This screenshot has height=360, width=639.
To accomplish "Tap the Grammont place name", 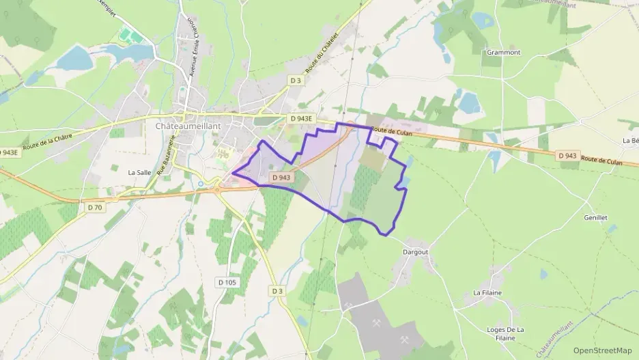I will [x=504, y=52].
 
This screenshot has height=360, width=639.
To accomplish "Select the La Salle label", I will [x=139, y=173].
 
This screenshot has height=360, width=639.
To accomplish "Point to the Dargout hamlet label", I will [x=415, y=251].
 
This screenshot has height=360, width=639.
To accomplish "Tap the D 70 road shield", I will [x=94, y=207].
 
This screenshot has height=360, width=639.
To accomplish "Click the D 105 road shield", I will [x=227, y=281].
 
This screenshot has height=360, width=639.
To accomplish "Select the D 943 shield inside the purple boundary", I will [x=281, y=178].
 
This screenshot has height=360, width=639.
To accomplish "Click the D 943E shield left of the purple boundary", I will [x=300, y=118].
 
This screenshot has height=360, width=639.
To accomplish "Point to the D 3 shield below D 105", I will [x=276, y=291].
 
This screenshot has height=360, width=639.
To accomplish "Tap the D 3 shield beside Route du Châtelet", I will [x=295, y=80].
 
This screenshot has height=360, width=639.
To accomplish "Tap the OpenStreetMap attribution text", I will [x=602, y=350].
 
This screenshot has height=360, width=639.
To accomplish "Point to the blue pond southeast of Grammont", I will [x=468, y=102].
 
